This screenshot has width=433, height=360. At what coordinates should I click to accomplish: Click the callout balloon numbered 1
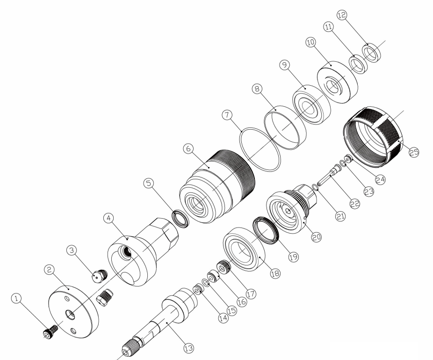click(x=16, y=299)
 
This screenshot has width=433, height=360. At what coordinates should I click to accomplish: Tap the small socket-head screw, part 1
click(x=51, y=332)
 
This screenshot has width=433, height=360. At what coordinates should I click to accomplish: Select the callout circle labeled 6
click(x=188, y=149)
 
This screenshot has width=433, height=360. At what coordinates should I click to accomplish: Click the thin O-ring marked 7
click(x=260, y=149)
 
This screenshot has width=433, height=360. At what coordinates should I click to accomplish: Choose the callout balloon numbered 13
click(x=189, y=348)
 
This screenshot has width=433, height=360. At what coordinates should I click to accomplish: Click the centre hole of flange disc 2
click(x=70, y=315)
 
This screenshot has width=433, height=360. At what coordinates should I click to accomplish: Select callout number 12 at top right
click(x=342, y=15)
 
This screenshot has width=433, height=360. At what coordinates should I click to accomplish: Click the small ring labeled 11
click(x=359, y=65)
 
